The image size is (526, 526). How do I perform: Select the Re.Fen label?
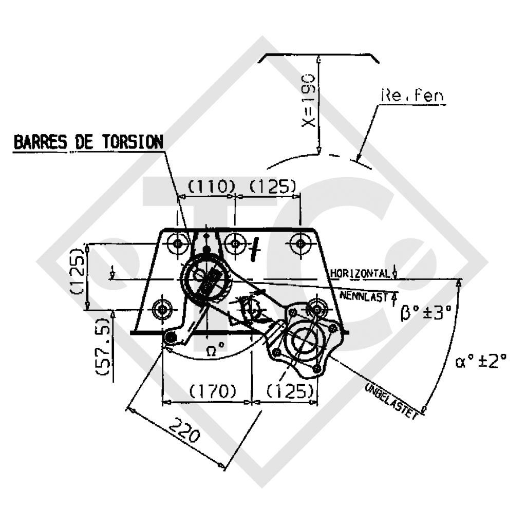click(412, 96)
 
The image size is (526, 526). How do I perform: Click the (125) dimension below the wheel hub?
click(290, 391)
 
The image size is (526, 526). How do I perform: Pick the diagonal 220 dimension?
click(183, 431)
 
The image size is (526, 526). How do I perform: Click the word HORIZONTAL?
click(360, 273)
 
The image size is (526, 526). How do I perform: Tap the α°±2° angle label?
click(480, 362)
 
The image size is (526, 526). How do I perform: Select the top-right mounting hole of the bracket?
click(300, 243)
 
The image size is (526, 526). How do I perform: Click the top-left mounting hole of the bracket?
click(179, 243)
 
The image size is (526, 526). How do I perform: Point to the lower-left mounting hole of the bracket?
click(163, 309)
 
